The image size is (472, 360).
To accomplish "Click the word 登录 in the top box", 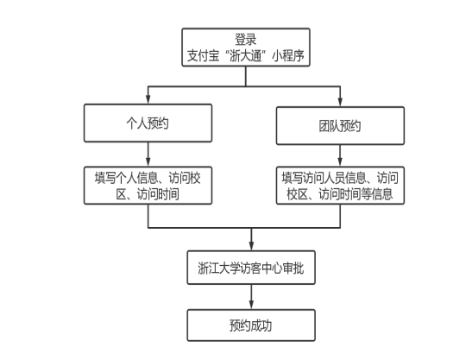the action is point(246,40).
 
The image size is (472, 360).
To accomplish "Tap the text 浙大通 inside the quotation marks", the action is point(246,56).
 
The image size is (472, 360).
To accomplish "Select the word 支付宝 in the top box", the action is point(203,56).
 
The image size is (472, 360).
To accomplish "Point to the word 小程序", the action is point(288,56).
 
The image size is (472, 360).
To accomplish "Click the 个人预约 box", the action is point(148,123).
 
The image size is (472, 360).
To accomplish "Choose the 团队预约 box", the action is point(340,126).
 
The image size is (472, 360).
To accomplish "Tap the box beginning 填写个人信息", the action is point(148,186).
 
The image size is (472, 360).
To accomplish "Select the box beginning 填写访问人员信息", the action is point(340,186).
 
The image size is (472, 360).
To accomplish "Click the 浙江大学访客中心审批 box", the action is point(251,268).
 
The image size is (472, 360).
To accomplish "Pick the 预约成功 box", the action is point(251,325).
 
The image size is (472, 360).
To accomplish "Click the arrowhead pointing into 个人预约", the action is point(148,100).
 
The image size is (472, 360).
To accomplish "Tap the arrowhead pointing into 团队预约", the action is point(340,102).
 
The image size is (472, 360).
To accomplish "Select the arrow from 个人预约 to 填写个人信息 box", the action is point(148,155).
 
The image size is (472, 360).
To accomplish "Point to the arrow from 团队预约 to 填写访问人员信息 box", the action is point(340,155).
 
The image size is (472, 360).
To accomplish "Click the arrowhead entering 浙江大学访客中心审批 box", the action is point(251,246).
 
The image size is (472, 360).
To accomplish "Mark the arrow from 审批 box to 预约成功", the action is point(251,297).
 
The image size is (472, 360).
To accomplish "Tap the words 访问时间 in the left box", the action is point(158,194).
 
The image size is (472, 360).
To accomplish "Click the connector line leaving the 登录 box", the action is point(246,77).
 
